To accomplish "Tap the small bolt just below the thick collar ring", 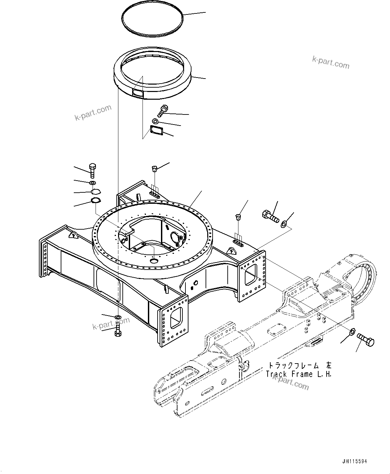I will click(x=163, y=110).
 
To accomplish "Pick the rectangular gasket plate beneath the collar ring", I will click(x=156, y=131).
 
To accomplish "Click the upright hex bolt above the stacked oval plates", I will click(x=93, y=170).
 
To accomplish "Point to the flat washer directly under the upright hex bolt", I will click(x=92, y=183).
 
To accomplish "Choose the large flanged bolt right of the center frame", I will click(x=270, y=216).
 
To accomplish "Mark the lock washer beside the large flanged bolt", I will click(x=284, y=223).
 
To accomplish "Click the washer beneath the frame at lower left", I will click(x=118, y=317).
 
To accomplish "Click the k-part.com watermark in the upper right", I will click(x=331, y=62).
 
